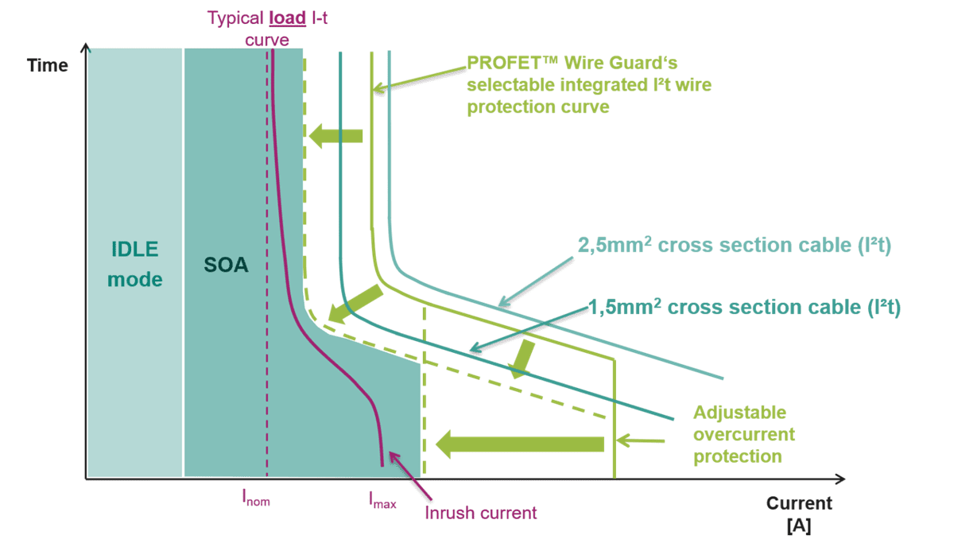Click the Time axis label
pyautogui.click(x=48, y=65)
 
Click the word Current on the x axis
pyautogui.click(x=798, y=503)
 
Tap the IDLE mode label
pyautogui.click(x=134, y=264)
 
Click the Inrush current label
pyautogui.click(x=480, y=512)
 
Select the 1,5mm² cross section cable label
pyautogui.click(x=744, y=307)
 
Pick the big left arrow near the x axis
pyautogui.click(x=520, y=443)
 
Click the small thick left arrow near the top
pyautogui.click(x=336, y=136)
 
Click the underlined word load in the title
pyautogui.click(x=290, y=17)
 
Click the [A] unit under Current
pyautogui.click(x=798, y=526)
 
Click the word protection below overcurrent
pyautogui.click(x=738, y=457)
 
